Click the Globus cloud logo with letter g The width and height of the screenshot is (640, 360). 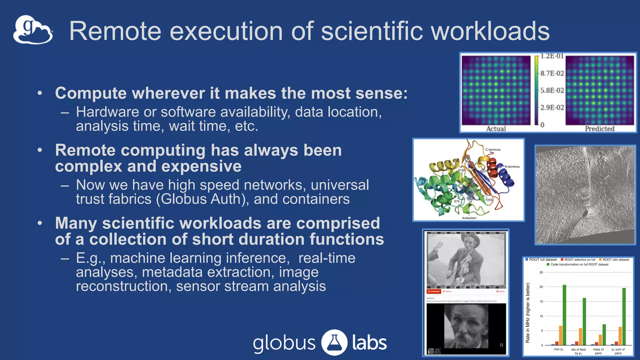tap(33, 30)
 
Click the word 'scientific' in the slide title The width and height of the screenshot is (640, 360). tap(372, 31)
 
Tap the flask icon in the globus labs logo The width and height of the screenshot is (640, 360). tap(334, 342)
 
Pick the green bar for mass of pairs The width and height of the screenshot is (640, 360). tap(604, 334)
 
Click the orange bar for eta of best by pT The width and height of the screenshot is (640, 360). tap(580, 336)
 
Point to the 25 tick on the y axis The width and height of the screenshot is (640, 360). tap(541, 272)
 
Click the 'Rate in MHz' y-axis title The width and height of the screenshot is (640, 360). tap(528, 312)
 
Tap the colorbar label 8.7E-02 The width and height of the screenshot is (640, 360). tap(552, 73)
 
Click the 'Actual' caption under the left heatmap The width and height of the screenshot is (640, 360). tap(496, 129)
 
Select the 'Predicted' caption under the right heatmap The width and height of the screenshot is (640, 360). tap(600, 129)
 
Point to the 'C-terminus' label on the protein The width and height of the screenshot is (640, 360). tap(493, 150)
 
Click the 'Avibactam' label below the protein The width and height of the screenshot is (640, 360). tap(469, 218)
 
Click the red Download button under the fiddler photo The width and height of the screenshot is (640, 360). tap(434, 292)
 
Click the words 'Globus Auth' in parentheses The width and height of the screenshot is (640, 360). tap(202, 199)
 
